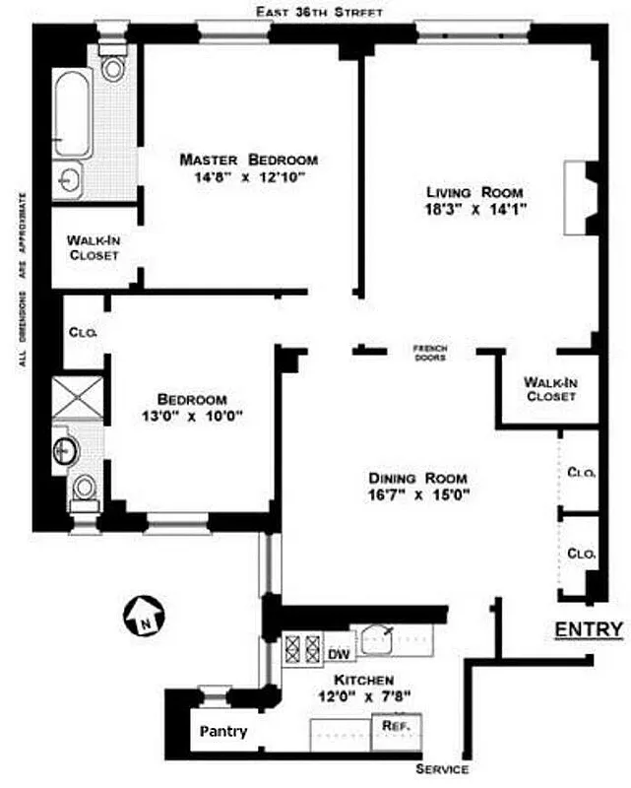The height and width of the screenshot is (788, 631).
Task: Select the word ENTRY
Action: (x=589, y=629)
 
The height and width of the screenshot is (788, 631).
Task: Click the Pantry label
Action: (x=223, y=732)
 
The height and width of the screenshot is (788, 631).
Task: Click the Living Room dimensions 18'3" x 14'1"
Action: (x=473, y=209)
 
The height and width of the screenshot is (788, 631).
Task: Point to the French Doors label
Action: (x=430, y=353)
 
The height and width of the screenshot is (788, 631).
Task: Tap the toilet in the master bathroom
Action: (x=114, y=65)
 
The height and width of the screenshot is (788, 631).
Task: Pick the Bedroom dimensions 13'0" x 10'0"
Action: (x=192, y=416)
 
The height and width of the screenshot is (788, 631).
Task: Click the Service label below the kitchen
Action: (x=441, y=769)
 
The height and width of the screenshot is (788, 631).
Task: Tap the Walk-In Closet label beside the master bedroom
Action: (x=93, y=247)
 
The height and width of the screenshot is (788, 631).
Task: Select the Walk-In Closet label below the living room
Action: (x=550, y=389)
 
